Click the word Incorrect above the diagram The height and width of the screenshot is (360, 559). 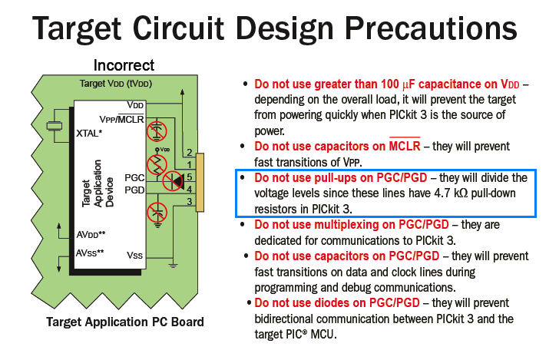point(124,65)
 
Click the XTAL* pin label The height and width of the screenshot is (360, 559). point(89,134)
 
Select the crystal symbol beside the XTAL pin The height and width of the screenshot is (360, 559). point(55,126)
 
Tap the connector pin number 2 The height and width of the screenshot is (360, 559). point(190,153)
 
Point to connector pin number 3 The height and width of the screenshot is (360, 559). point(190,202)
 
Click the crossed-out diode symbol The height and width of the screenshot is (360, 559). point(174,180)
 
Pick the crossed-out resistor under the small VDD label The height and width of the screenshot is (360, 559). point(157,165)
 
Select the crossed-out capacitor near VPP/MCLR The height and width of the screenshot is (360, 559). point(157,130)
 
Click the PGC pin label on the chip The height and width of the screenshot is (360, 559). point(134,177)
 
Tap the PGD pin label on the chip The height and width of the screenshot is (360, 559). point(134,190)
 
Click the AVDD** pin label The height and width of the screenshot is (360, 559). point(91,235)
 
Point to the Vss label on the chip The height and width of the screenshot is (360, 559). point(134,255)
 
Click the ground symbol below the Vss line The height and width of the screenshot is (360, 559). point(173,265)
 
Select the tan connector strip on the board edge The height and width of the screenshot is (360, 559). point(200,183)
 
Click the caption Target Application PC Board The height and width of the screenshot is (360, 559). point(124,322)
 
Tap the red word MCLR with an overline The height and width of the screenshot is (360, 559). point(405,146)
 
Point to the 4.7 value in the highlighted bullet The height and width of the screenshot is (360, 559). point(442,193)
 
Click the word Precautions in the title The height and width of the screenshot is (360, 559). point(431,28)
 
